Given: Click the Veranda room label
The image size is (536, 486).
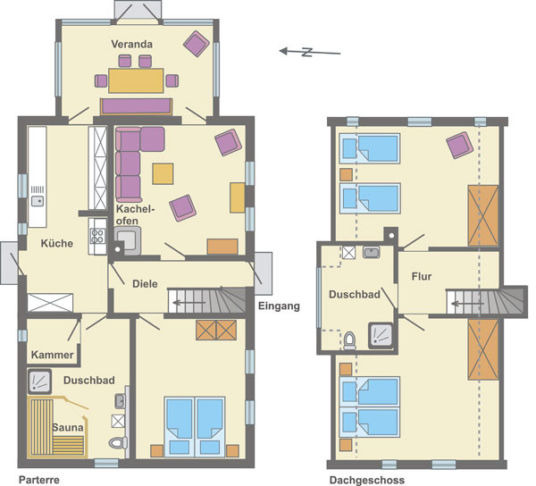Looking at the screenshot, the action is click(131, 44).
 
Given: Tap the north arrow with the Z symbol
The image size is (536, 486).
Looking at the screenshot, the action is click(310, 52).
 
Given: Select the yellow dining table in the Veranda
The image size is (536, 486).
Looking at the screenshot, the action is click(136, 80).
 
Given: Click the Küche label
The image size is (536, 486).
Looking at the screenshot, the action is click(57, 243).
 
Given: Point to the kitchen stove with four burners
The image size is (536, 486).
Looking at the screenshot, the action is click(97, 236).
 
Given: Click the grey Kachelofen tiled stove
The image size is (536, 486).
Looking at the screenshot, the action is click(128, 240).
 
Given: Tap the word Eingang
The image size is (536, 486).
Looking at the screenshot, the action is click(279, 306).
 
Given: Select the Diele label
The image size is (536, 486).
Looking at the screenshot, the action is click(145, 284).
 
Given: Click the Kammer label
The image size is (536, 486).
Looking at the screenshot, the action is click(53, 355).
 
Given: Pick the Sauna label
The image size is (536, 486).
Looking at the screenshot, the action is click(68, 427).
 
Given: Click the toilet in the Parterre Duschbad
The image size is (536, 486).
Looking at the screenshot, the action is click(117, 443).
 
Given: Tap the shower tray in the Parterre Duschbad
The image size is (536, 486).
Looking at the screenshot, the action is click(39, 381).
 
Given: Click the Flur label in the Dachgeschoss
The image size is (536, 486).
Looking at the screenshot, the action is click(422, 276).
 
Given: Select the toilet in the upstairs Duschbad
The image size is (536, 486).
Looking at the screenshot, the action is click(349, 340).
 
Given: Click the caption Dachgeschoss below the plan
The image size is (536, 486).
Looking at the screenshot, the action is click(367, 480).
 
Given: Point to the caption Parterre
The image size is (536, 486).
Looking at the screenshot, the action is click(39, 480).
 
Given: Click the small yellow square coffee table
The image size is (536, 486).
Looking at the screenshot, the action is click(163, 174).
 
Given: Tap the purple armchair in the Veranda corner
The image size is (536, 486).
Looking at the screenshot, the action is click(197, 44).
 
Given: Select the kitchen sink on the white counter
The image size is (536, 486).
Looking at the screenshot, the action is click(38, 201).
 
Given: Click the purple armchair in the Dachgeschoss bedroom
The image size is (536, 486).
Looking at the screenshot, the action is click(460, 146).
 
